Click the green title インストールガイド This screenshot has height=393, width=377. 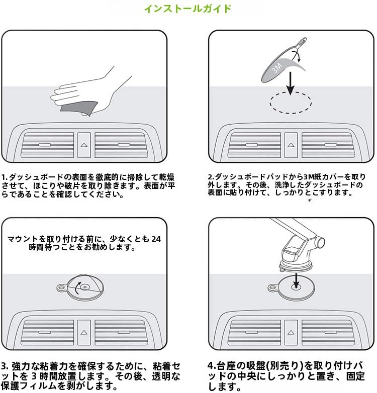pyautogui.click(x=188, y=9)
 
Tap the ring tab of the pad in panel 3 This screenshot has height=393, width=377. pyautogui.click(x=61, y=288)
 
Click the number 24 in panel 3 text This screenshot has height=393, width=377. pyautogui.click(x=158, y=239)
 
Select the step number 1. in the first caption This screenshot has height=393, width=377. pyautogui.click(x=4, y=177)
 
